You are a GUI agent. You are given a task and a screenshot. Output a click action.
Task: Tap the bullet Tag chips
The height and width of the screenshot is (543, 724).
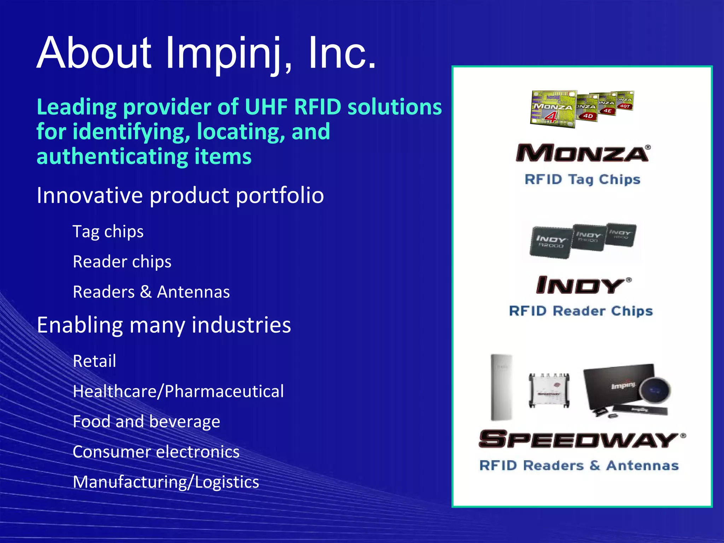(x=108, y=232)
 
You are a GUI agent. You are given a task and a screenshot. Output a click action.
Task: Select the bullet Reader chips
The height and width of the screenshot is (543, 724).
(x=122, y=262)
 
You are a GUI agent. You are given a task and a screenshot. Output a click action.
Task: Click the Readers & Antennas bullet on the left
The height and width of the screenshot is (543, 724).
(x=151, y=292)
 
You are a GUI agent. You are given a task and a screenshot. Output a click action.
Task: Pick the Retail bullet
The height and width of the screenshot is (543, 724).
(x=94, y=361)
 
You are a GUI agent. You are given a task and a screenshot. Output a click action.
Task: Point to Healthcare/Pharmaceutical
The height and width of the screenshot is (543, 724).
(x=178, y=391)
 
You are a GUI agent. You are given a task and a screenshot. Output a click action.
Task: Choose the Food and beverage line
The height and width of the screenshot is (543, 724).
(x=146, y=421)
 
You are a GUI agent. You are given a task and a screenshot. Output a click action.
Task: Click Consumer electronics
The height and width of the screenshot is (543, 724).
(x=156, y=452)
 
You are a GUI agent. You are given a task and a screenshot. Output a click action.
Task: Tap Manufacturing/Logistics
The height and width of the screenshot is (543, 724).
(x=166, y=482)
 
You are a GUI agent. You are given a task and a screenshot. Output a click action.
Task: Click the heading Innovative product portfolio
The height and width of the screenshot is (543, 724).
(x=180, y=195)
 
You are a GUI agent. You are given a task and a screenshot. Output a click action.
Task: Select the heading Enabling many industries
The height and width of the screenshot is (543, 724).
(x=164, y=325)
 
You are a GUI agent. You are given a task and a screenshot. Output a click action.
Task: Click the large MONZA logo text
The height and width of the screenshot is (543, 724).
(x=582, y=153)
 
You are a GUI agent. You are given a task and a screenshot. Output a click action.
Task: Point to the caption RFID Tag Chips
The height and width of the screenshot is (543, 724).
(x=582, y=180)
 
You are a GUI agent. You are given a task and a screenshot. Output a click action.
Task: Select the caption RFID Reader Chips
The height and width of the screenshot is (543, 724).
(x=580, y=311)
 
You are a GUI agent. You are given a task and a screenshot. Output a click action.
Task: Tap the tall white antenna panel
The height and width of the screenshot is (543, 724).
(x=502, y=387)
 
